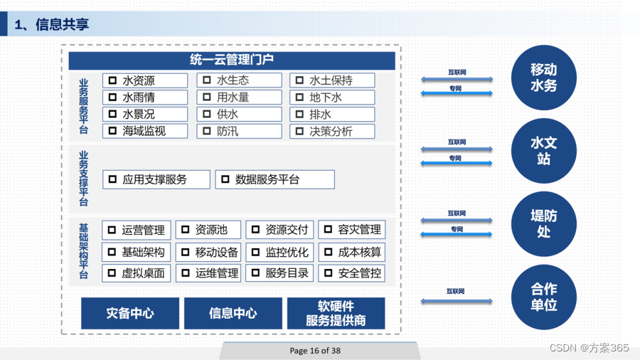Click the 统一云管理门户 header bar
click(231, 60)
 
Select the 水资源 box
click(145, 80)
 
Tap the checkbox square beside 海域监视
click(112, 131)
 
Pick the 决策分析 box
click(332, 132)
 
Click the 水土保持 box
click(332, 80)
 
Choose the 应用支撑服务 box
click(156, 179)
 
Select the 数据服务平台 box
click(275, 179)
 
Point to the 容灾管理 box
click(352, 230)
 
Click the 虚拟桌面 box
click(137, 273)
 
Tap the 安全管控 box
click(352, 273)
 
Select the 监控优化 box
click(279, 253)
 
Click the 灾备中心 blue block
click(130, 313)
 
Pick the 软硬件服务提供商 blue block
click(336, 313)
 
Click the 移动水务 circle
click(544, 78)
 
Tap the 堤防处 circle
click(544, 223)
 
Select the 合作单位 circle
click(544, 297)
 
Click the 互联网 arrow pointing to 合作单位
click(457, 301)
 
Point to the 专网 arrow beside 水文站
click(457, 163)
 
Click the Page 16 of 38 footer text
click(315, 351)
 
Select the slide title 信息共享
click(62, 24)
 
